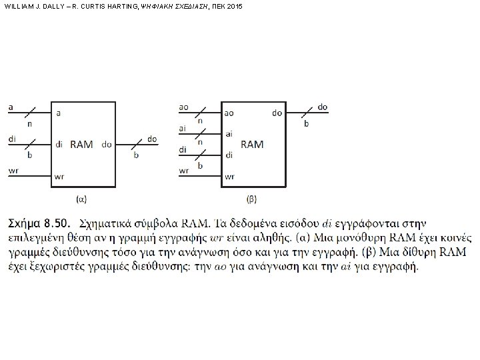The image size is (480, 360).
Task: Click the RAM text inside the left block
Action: click(81, 143)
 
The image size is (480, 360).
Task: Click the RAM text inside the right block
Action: click(252, 143)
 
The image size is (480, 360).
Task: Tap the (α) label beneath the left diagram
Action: click(81, 198)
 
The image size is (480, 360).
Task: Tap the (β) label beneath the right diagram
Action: click(252, 198)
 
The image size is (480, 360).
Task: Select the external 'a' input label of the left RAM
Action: click(11, 106)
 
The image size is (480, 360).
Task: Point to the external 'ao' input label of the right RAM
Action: click(184, 107)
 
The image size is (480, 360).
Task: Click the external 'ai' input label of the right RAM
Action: click(183, 128)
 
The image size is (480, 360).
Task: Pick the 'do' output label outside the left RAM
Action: click(152, 139)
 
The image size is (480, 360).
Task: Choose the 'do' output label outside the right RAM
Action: click(323, 107)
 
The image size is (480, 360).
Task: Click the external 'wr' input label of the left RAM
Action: click(13, 170)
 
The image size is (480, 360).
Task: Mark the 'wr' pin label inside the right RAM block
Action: click(230, 177)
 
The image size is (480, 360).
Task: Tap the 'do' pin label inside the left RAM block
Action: click(107, 144)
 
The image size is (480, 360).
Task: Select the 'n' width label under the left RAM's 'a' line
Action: click(29, 123)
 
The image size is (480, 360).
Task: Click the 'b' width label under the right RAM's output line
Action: click(306, 123)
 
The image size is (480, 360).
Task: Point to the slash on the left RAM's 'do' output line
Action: click(136, 143)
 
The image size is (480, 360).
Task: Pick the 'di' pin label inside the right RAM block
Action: click(229, 155)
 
